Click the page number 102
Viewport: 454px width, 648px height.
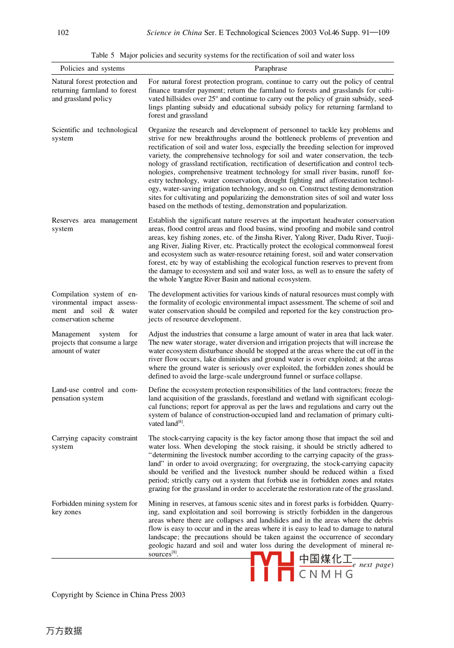[63, 33]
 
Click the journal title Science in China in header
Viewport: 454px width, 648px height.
[174, 33]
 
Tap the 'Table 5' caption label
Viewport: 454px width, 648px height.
[103, 55]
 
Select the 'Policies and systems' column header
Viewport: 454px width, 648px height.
[92, 68]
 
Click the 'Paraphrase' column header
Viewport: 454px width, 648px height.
[270, 68]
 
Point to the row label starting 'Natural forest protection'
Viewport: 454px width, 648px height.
[95, 90]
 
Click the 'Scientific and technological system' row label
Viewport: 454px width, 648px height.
[95, 134]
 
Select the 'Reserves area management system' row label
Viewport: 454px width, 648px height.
[95, 225]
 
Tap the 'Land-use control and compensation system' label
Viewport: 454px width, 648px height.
[95, 394]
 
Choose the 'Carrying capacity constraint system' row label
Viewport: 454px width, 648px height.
[95, 442]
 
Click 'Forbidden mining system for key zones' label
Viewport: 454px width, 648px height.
[95, 508]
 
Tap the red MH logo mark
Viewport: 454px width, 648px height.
[272, 567]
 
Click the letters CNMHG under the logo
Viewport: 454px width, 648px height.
[326, 574]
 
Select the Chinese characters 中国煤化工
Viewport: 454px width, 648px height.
[326, 559]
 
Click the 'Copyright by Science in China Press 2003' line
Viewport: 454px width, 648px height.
[118, 595]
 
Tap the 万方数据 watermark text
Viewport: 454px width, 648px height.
[64, 631]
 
